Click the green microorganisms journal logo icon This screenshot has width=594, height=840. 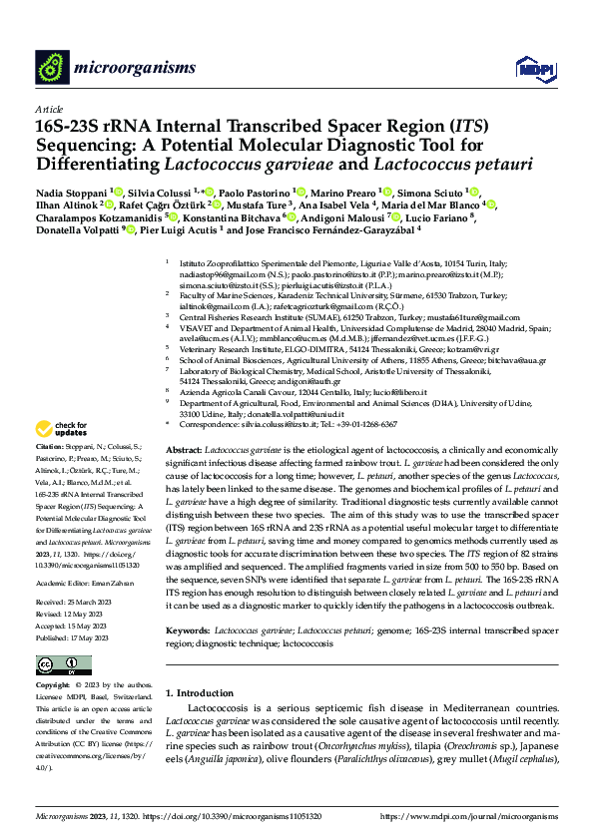51,67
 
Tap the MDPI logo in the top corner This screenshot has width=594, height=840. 530,68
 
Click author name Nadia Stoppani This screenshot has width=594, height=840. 71,192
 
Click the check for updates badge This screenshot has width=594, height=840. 63,456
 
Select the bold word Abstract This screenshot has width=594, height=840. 185,451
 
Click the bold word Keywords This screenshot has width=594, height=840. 188,603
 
